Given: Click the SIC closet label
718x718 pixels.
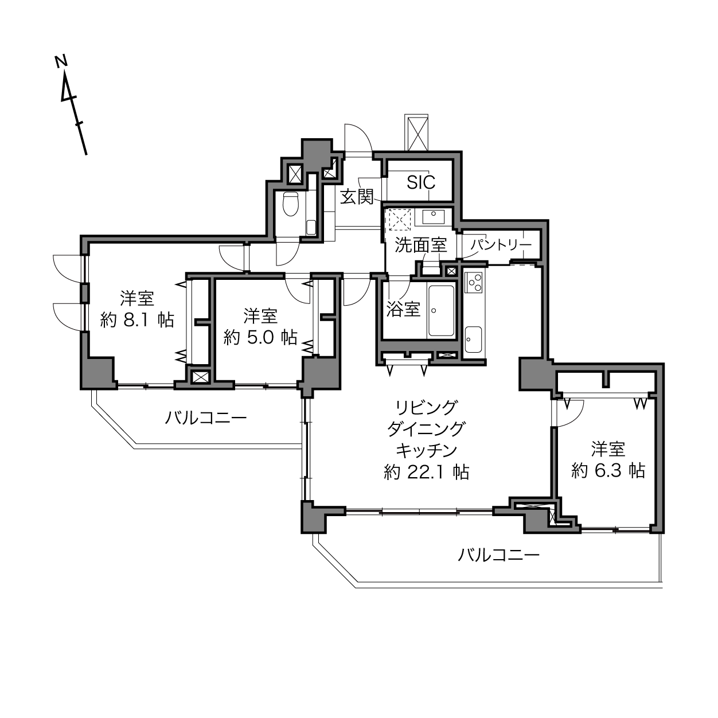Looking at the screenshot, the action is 421,182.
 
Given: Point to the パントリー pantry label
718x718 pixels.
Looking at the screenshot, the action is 501,245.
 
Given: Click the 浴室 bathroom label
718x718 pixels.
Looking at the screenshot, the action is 403,309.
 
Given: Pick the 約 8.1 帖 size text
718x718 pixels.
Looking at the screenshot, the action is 137,319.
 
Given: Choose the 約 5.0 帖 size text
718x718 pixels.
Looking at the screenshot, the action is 260,337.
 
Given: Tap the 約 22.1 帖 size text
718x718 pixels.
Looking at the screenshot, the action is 426,472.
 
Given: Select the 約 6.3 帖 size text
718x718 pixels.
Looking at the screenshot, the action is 608,470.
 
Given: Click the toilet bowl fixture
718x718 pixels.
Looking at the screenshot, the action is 291,204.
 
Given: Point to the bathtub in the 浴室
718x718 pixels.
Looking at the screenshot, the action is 441,310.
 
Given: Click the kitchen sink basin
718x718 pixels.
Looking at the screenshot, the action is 474,340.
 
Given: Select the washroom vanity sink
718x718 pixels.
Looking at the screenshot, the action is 434,216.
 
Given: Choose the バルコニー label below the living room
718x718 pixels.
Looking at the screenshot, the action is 498,556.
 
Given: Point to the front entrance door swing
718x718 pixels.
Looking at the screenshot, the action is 358,138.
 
